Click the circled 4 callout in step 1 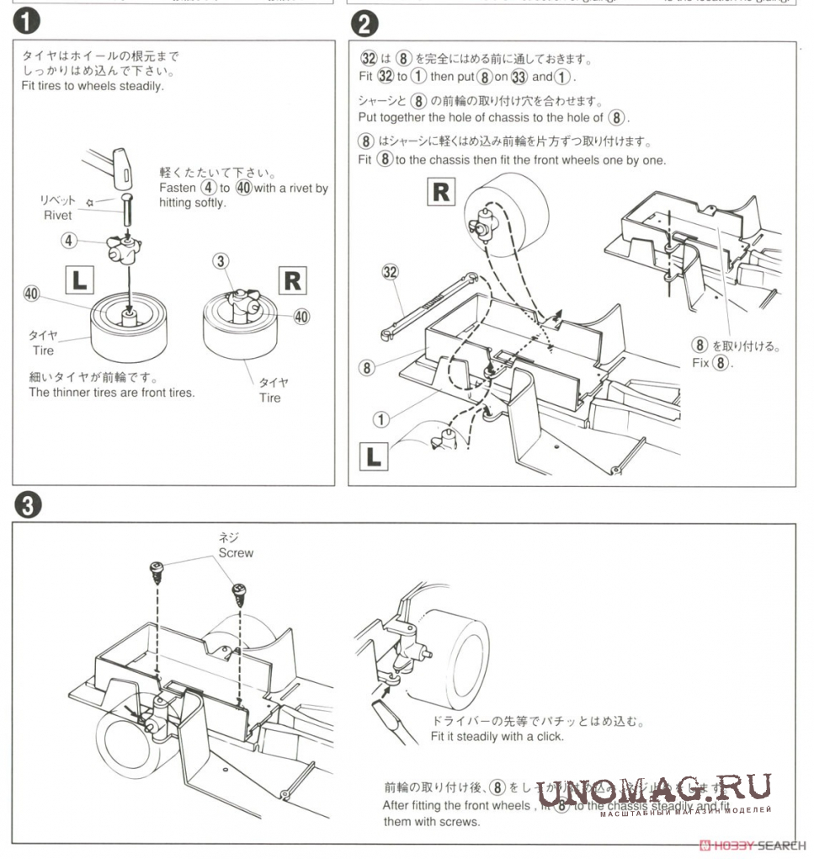point(69,240)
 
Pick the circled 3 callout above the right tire point(221,261)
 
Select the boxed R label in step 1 point(292,280)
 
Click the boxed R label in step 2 point(441,192)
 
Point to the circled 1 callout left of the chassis point(381,419)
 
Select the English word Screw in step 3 point(236,553)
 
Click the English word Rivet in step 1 point(58,215)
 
